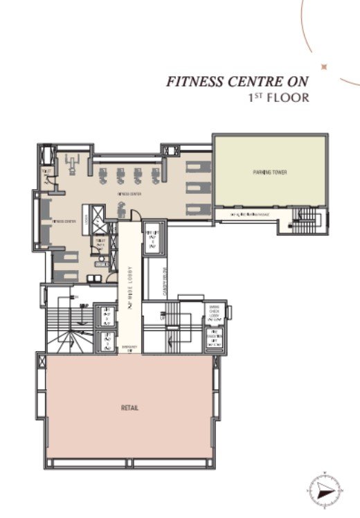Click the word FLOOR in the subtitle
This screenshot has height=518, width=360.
tap(291, 98)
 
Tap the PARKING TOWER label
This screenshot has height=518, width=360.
tap(269, 172)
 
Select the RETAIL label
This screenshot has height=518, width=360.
tap(129, 407)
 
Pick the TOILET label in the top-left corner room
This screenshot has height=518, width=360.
tap(46, 170)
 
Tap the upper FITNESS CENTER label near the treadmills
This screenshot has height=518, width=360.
tap(129, 195)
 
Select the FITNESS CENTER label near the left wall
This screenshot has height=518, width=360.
tap(62, 222)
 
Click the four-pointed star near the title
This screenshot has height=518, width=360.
tap(323, 66)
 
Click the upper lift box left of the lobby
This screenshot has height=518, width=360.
tap(107, 315)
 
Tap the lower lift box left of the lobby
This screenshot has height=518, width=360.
tap(107, 341)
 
